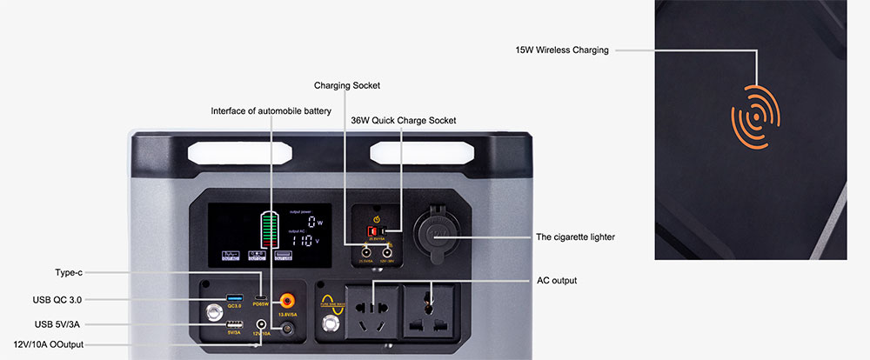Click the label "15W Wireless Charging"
click(561, 50)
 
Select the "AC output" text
click(556, 281)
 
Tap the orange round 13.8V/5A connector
click(285, 300)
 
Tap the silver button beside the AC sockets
click(330, 324)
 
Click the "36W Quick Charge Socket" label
click(403, 120)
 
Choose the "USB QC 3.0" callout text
click(57, 299)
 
